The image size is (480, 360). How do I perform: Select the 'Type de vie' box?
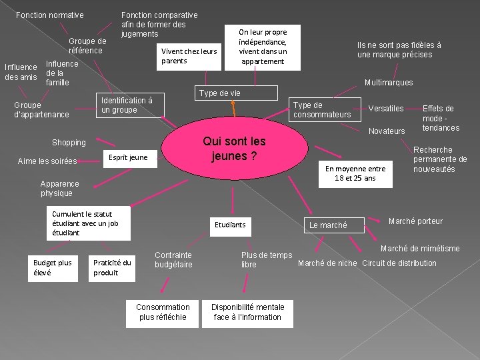coord(219,93)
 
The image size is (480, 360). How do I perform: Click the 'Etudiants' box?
coord(230,225)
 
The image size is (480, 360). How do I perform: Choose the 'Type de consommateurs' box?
coord(322,110)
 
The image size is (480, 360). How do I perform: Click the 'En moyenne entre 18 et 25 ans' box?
coord(355,173)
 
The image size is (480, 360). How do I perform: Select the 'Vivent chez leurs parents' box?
coord(189,56)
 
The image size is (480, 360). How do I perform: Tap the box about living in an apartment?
coord(263,47)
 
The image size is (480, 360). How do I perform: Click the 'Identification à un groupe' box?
coord(129,105)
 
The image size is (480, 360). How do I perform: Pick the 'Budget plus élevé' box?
coord(53,267)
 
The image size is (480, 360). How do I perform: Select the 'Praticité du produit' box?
coord(112,267)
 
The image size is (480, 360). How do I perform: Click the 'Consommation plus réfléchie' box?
coord(163,312)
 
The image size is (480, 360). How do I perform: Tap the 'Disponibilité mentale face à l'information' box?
coord(247,312)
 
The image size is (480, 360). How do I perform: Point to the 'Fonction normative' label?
coord(49,15)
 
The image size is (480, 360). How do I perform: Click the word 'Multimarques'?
coord(389,83)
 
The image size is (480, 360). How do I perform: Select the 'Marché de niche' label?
coord(327,263)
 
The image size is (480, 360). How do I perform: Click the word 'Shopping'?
coord(69,143)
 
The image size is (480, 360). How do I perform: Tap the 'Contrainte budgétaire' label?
coord(173,260)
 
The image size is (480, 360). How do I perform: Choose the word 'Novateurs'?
coord(387,131)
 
